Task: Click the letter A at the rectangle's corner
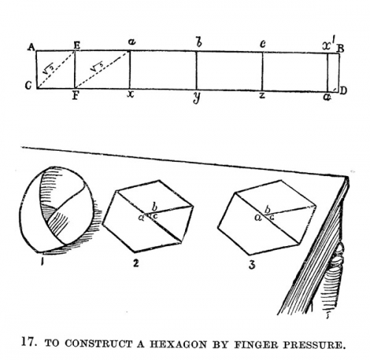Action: (31, 47)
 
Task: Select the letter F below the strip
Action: (75, 95)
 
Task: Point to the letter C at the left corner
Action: (29, 86)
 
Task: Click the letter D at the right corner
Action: (343, 91)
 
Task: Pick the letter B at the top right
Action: (340, 49)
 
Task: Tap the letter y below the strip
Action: (196, 98)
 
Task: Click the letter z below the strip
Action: (262, 95)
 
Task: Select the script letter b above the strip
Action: (198, 43)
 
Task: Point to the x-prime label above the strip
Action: (329, 45)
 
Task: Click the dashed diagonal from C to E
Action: (55, 69)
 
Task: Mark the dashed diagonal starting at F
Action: (102, 69)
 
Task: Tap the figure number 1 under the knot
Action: (42, 262)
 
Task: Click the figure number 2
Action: (135, 263)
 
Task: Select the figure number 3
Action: (252, 265)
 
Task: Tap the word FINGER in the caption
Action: (257, 344)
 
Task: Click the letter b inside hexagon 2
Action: (155, 208)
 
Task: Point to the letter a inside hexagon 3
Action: (258, 217)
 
